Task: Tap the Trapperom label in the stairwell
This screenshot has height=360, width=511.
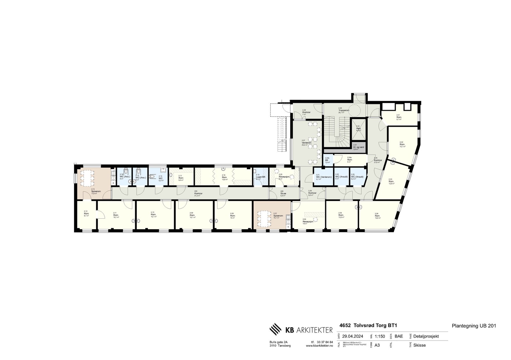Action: pyautogui.click(x=344, y=110)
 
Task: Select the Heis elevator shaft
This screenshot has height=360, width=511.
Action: pyautogui.click(x=358, y=129)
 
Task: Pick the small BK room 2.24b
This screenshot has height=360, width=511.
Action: pyautogui.click(x=327, y=160)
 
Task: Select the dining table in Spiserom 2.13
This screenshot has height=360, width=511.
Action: pyautogui.click(x=87, y=178)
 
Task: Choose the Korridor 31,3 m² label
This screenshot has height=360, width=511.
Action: pyautogui.click(x=198, y=193)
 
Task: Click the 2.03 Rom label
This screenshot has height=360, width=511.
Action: pyautogui.click(x=391, y=182)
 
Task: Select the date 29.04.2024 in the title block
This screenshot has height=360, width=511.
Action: pyautogui.click(x=353, y=336)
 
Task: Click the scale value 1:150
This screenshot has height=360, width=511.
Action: pyautogui.click(x=380, y=336)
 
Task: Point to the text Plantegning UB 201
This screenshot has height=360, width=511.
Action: pyautogui.click(x=474, y=326)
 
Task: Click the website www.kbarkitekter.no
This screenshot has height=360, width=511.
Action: pyautogui.click(x=317, y=346)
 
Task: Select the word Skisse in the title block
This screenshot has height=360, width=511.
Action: pyautogui.click(x=419, y=345)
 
